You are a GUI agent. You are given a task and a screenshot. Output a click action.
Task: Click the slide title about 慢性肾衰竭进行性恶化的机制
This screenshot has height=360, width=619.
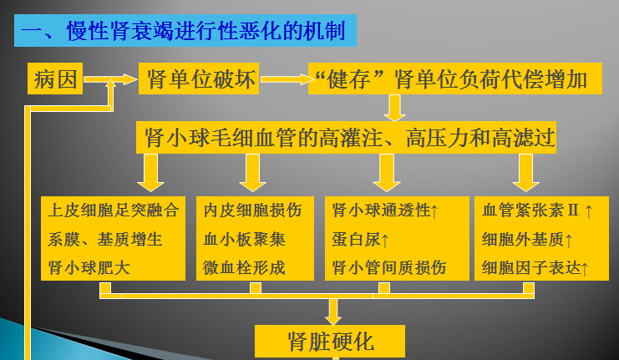click(185, 31)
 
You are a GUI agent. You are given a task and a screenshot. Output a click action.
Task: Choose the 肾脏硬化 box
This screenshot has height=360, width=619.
click(331, 342)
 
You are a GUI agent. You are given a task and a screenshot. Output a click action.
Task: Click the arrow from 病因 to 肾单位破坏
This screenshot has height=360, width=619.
click(111, 80)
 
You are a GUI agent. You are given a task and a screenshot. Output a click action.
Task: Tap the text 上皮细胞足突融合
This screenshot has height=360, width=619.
click(114, 210)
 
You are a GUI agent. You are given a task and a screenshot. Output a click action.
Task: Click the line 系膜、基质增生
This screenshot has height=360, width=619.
click(105, 240)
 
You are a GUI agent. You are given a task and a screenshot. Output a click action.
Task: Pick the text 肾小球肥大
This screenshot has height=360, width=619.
click(89, 268)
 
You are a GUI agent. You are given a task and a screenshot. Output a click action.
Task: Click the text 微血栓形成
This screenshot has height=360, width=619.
click(244, 268)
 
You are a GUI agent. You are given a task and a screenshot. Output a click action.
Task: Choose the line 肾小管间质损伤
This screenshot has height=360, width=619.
click(388, 268)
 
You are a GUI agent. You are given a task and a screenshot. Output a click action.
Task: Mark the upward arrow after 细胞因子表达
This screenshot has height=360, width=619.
click(585, 268)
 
